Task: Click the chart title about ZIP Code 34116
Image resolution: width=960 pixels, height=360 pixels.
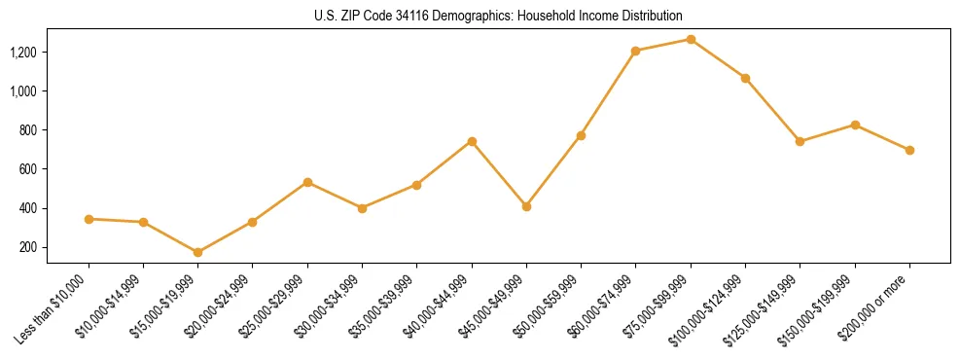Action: point(499,16)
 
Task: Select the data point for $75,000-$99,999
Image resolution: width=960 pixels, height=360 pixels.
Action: point(691,39)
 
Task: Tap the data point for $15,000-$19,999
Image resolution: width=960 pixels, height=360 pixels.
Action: point(198,252)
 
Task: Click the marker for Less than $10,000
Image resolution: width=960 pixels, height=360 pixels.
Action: point(89,219)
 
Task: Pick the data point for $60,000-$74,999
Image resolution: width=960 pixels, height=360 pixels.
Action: point(636,51)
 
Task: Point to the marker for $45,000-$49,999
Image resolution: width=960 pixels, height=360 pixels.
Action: point(526,206)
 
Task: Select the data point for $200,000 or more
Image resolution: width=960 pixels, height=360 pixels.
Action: point(909,150)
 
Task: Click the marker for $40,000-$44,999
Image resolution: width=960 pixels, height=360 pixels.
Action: point(472,141)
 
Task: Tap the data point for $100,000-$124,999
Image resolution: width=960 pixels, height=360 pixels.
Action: point(745,78)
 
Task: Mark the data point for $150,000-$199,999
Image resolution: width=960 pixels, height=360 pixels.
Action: point(855,125)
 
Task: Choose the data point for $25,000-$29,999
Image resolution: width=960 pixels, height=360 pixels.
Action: point(307,182)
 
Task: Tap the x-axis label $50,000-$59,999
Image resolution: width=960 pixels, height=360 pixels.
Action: point(553,306)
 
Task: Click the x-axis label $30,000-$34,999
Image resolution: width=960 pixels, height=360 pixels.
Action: point(335,306)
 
